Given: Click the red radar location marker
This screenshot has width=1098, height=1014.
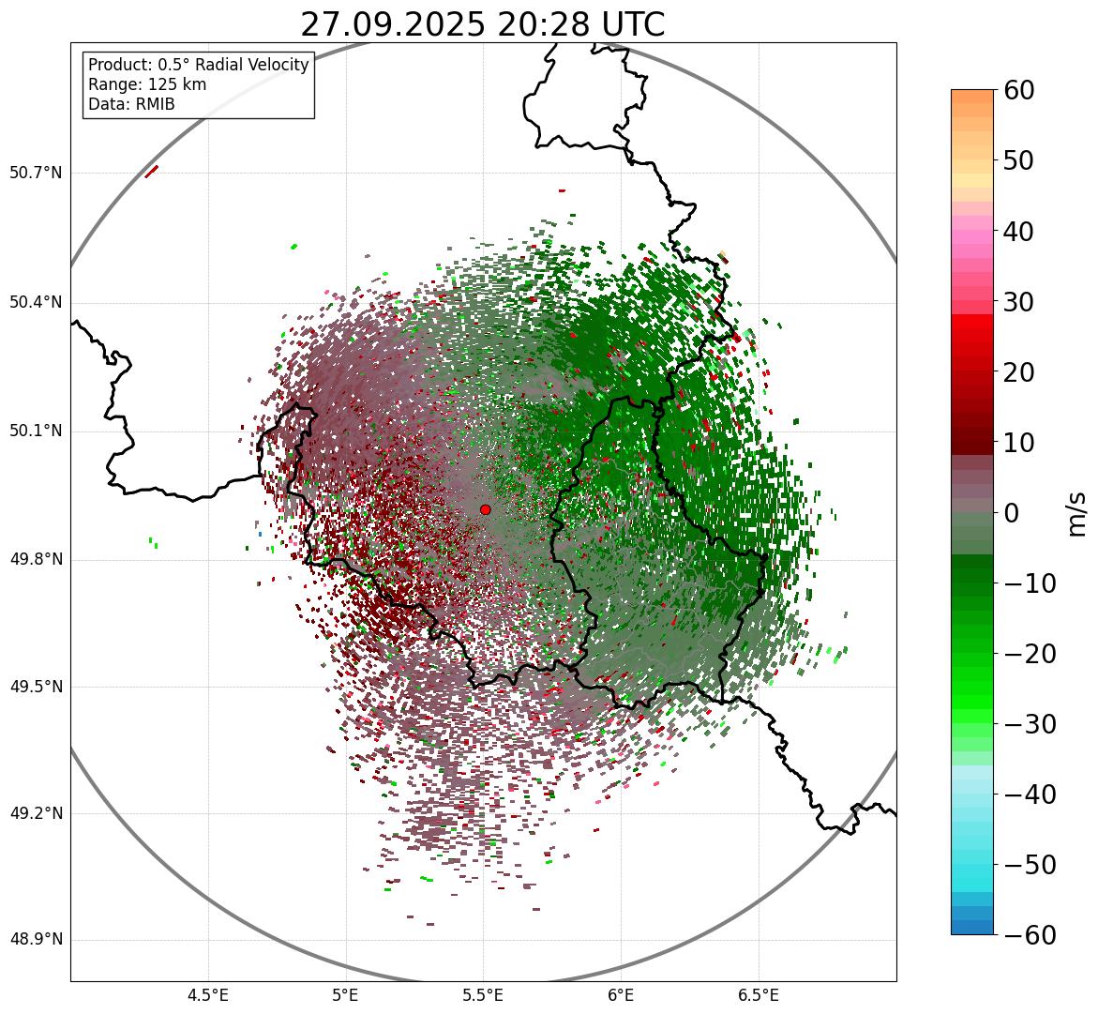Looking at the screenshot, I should click(485, 509).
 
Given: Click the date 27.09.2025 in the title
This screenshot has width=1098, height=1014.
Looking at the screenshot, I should click(392, 25).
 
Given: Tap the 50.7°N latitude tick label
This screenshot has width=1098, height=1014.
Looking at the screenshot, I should click(36, 174).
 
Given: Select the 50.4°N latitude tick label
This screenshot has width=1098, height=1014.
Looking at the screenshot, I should click(36, 302).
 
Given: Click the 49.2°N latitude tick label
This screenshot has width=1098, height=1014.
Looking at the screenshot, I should click(36, 813).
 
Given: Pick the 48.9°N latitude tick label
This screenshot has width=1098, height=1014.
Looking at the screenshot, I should click(36, 940).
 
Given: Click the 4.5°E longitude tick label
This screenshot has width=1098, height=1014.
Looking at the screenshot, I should click(208, 995).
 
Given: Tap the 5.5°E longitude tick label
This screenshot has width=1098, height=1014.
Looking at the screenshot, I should click(483, 995).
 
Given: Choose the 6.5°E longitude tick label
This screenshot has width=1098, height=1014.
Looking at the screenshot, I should click(758, 995).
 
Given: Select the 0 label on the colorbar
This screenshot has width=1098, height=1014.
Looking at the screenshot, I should click(1012, 513).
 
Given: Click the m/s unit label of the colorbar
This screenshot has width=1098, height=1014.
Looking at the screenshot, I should click(1077, 513).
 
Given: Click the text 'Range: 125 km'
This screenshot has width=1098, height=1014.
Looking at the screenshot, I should click(147, 84).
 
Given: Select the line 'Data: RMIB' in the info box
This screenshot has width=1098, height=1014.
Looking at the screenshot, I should click(131, 104).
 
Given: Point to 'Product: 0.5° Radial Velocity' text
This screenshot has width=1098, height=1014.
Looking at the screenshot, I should click(198, 65).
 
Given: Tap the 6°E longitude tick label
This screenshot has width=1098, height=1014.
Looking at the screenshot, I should click(621, 995).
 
